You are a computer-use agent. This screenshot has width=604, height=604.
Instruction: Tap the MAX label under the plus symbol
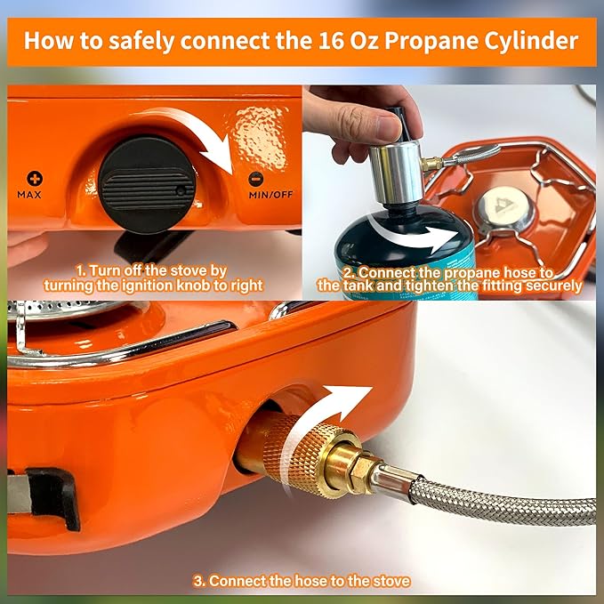tap(35, 193)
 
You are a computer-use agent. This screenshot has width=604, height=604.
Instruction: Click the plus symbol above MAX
tap(35, 178)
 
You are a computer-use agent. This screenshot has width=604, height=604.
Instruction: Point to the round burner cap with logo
tap(499, 210)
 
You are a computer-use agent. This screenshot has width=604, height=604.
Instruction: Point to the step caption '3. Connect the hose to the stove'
tap(302, 581)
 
